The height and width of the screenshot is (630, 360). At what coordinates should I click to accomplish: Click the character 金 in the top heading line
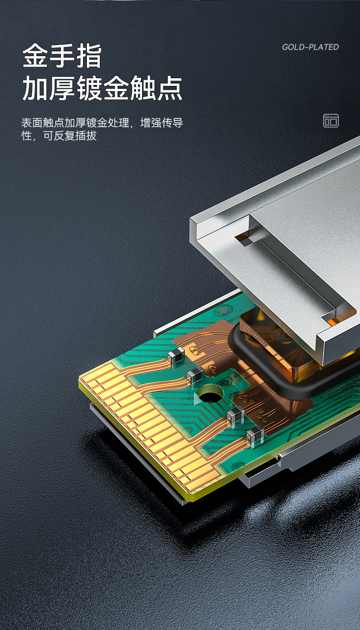pos(35,55)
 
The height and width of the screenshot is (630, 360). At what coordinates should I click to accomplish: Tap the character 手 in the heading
pos(62,55)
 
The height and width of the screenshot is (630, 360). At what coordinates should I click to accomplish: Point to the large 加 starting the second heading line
pos(35,88)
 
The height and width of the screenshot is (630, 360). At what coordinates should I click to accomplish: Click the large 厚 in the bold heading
pos(62,88)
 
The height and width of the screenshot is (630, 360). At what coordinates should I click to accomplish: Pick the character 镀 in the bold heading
pos(89,88)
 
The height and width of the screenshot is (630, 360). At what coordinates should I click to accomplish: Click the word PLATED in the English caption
pos(324,47)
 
